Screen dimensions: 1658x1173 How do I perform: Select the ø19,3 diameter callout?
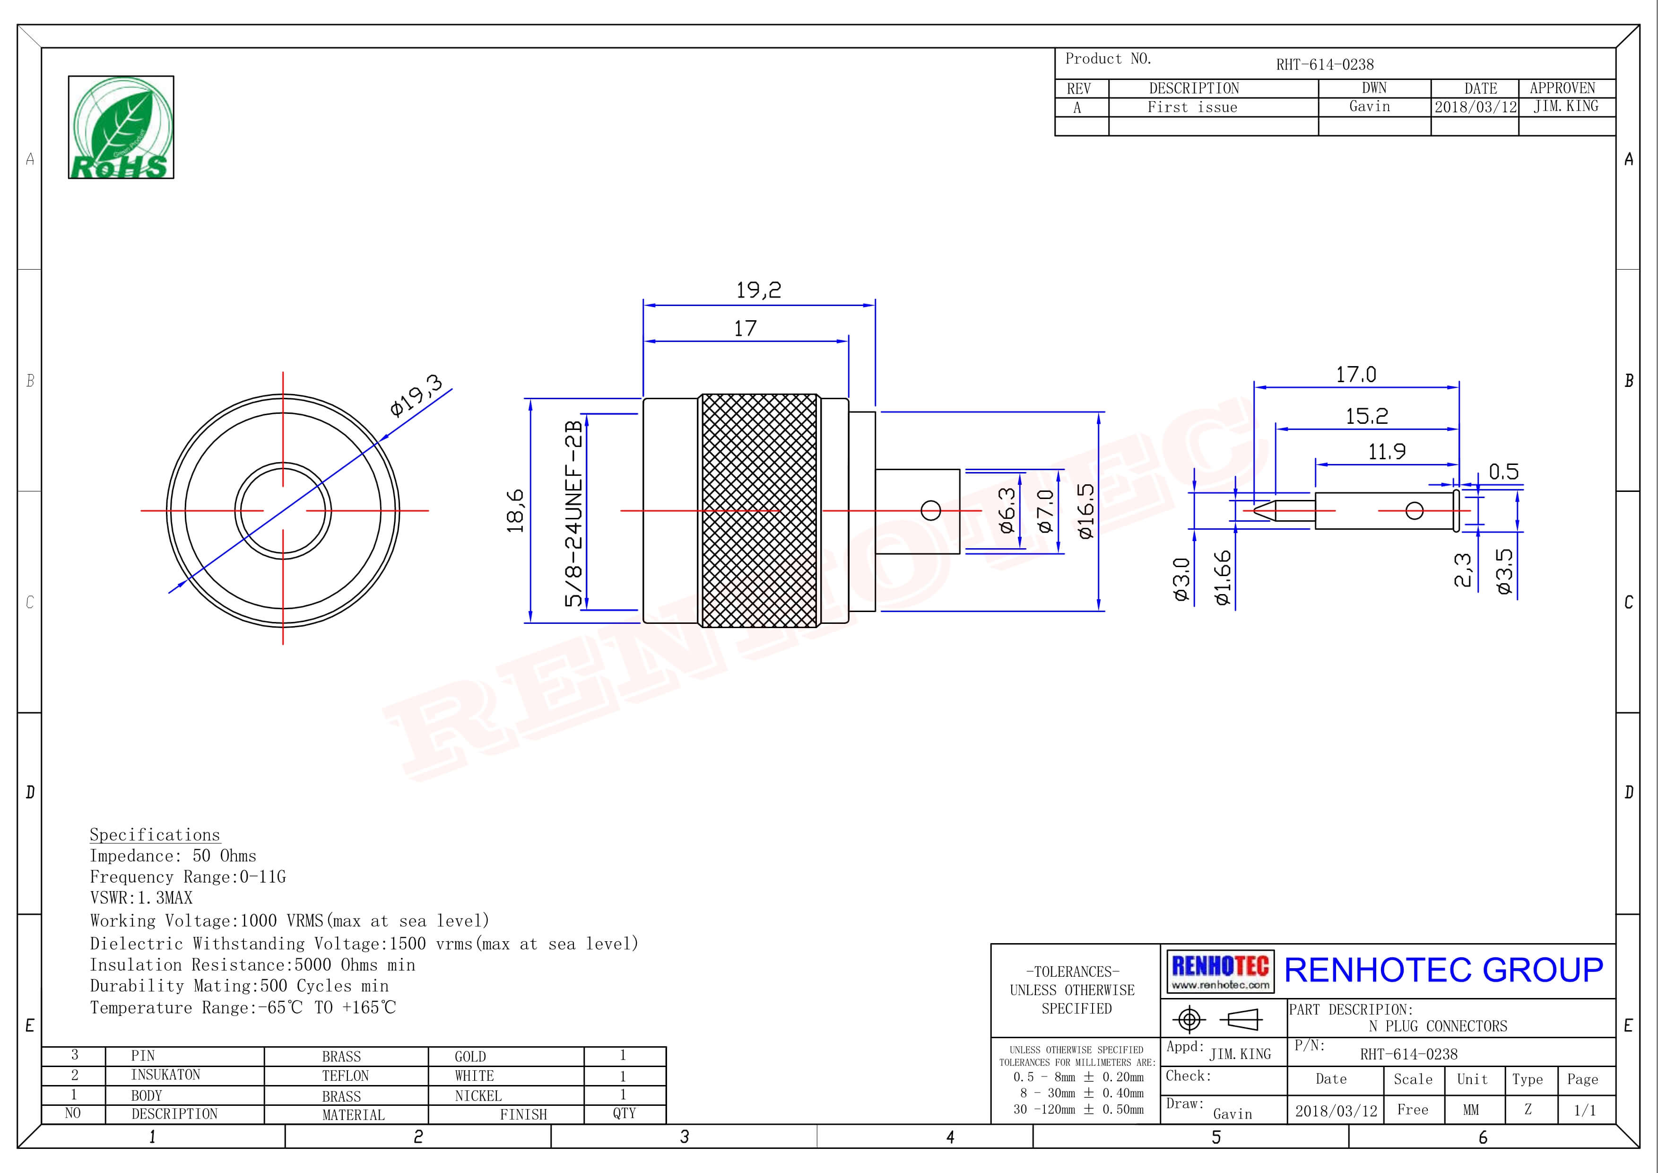pos(416,396)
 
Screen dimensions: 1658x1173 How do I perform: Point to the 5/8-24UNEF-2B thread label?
pos(573,514)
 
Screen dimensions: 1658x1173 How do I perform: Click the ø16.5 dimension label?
pos(1086,511)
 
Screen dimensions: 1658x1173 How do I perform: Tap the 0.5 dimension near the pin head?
pos(1503,472)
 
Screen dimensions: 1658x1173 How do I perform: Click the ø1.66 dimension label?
pos(1222,578)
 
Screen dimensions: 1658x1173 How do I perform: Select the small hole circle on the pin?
pos(1415,511)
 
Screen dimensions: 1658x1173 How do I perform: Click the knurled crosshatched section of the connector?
pos(760,510)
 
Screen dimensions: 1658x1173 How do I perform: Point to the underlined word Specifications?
pos(155,835)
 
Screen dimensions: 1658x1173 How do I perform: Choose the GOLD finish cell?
pos(470,1056)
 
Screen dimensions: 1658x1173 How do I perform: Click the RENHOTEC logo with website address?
pos(1220,972)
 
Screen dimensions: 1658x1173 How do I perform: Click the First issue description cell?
pos(1192,107)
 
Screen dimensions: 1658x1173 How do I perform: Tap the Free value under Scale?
pos(1413,1110)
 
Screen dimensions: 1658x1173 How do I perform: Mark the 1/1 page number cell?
pos(1585,1110)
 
